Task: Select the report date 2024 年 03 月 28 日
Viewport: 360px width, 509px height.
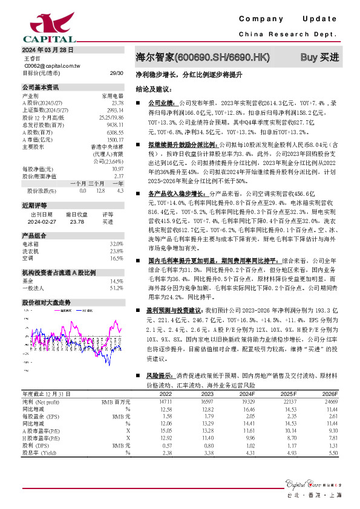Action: click(47, 50)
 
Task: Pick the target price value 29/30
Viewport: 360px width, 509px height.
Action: click(116, 73)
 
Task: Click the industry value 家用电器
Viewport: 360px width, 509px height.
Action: click(112, 96)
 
